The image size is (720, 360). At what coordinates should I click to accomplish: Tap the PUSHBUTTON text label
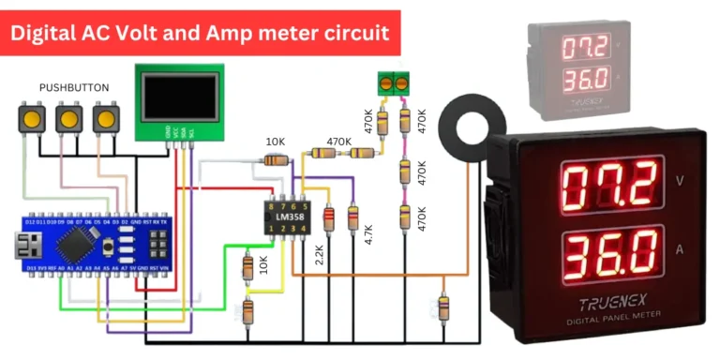click(74, 87)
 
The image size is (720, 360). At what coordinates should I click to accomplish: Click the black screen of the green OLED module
click(177, 97)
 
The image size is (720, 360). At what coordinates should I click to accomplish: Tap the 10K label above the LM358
click(276, 142)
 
